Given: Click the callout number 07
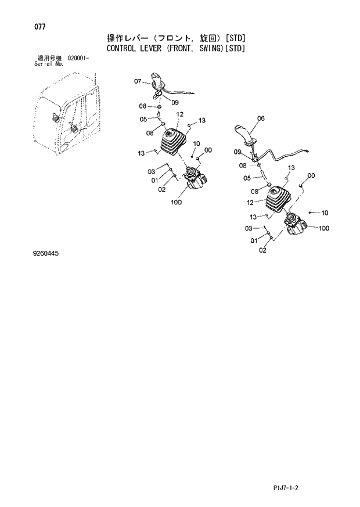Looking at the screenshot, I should click(x=138, y=81).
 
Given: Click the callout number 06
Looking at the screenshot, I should click(x=260, y=118).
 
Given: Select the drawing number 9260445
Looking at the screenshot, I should click(x=46, y=254).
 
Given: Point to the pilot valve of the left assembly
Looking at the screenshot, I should click(x=193, y=179).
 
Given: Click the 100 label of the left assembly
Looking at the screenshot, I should click(x=177, y=203).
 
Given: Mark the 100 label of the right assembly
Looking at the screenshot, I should click(x=323, y=228).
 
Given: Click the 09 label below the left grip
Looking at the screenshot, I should click(x=174, y=103).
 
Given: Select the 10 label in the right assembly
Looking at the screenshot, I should click(x=325, y=212).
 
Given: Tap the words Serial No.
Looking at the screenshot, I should click(x=49, y=64).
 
